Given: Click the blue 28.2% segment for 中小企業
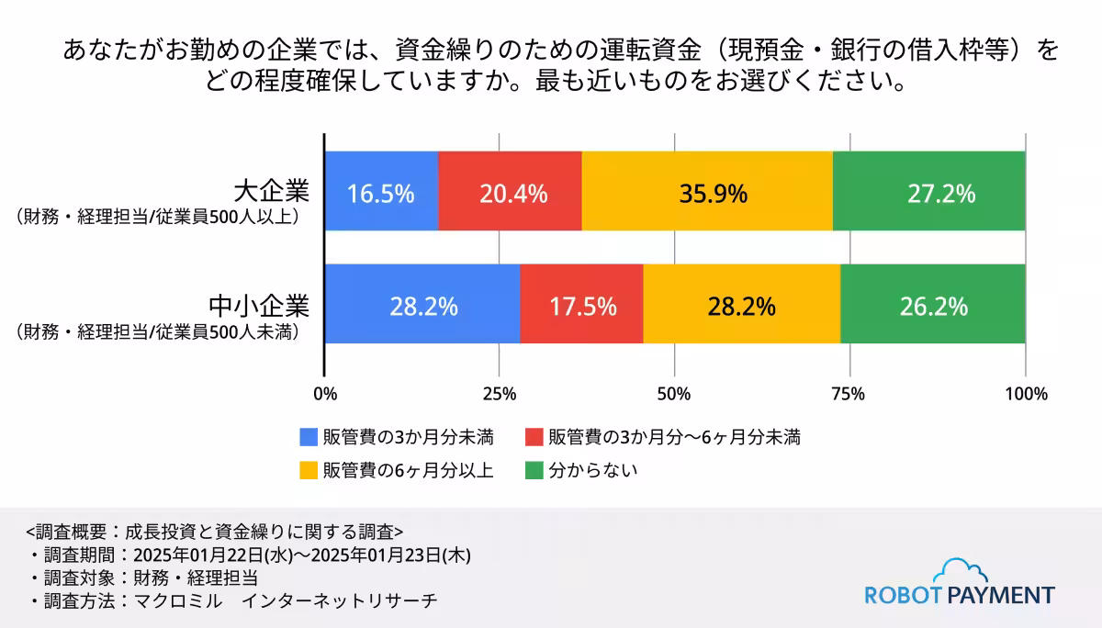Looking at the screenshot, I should tap(422, 304).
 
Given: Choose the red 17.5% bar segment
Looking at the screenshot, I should tap(581, 304).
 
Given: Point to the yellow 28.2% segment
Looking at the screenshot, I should tap(741, 304).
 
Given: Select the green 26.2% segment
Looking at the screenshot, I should tap(932, 304).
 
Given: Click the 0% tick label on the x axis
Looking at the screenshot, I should tap(325, 394).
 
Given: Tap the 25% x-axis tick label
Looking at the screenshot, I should tap(500, 394).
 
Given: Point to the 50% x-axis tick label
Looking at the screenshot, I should tap(675, 394).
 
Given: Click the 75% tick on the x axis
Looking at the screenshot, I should tap(849, 394).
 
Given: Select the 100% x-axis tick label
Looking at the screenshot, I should tap(1026, 394).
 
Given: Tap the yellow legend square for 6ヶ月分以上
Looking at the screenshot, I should tap(309, 470).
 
